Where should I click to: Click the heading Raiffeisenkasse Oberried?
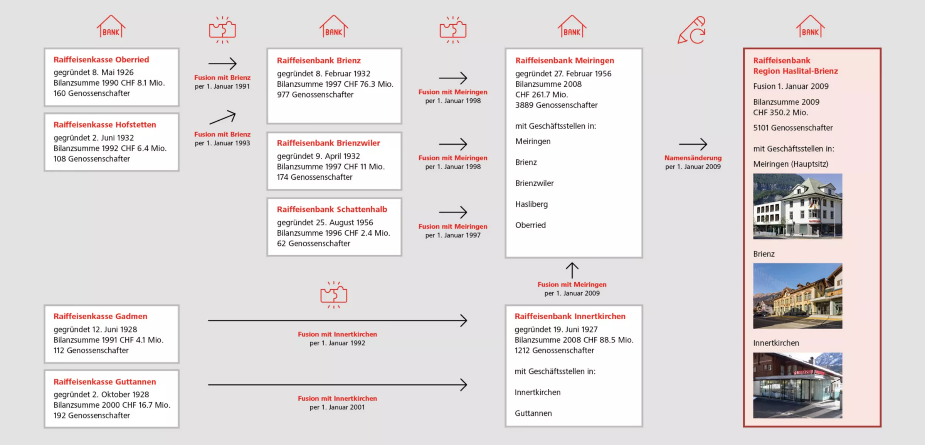tap(101, 60)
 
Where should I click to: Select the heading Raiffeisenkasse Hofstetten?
tap(105, 125)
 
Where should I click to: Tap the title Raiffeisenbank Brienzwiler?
tap(328, 143)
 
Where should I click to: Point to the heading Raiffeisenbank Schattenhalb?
tap(332, 209)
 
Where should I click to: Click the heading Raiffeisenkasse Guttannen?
tap(105, 382)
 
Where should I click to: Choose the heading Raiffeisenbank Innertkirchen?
tap(570, 317)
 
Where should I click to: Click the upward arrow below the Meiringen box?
tap(572, 270)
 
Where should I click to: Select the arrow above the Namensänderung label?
tap(693, 144)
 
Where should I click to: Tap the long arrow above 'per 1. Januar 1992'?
tap(338, 320)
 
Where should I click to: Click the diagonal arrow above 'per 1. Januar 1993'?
tap(222, 117)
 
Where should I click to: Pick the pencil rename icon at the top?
tap(692, 30)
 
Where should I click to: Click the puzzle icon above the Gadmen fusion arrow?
tap(334, 295)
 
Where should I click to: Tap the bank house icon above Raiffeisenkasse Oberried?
tap(111, 26)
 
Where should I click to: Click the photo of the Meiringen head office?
tap(798, 206)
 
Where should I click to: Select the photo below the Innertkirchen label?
tap(798, 386)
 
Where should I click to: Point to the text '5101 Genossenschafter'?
tap(793, 128)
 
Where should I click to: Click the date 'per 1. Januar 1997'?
tap(453, 235)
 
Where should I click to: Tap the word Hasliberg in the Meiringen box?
tap(531, 204)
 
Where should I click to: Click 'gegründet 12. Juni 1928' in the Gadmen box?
tap(95, 330)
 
